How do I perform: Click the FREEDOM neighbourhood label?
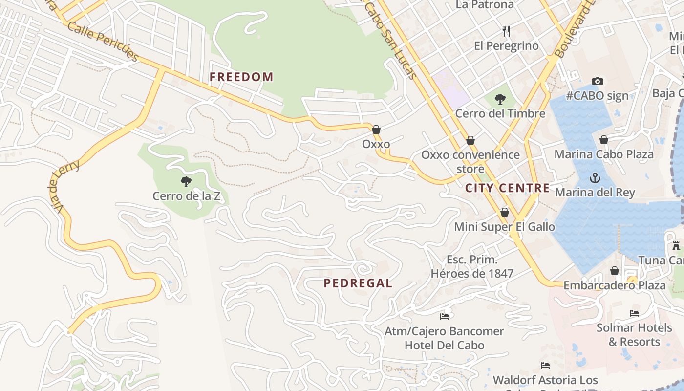tap(241, 77)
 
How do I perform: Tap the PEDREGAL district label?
tap(358, 283)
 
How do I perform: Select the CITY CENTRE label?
tap(507, 188)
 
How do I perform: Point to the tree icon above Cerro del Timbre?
tap(500, 99)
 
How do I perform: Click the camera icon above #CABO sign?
tap(597, 81)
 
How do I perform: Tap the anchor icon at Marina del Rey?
tap(595, 178)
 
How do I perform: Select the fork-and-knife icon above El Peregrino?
tap(506, 32)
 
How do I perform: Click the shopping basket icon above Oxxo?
tap(376, 130)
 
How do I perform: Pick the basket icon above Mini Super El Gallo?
tap(505, 212)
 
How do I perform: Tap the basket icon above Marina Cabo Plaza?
tap(604, 140)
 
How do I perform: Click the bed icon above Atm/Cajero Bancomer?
tap(444, 317)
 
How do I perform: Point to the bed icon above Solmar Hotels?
tap(634, 313)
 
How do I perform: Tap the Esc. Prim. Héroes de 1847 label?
tap(471, 266)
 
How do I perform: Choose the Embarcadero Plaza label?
tap(614, 285)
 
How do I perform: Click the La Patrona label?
tap(485, 5)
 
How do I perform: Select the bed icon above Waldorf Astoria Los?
tap(545, 366)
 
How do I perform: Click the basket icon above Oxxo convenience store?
tap(470, 141)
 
